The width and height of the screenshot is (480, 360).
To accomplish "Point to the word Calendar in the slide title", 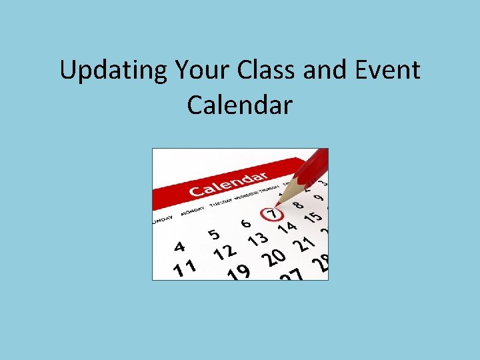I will point(239,105).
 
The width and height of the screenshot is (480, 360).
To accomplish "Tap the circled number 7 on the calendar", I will point(271,214).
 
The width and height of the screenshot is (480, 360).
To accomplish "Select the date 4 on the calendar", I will point(179,246).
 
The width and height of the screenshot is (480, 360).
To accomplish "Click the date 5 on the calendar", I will point(213,234).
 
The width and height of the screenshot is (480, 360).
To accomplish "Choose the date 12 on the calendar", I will point(225,253).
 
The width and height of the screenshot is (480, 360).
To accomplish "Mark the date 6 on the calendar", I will point(246,223).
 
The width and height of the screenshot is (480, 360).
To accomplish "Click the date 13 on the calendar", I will point(257,238).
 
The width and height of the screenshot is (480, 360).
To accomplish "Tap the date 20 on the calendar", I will point(273,257).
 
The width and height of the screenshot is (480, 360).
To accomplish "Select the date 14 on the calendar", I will point(287,227).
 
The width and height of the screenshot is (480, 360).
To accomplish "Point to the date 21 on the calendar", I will point(304,244).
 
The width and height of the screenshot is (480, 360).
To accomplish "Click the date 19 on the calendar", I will point(239,272).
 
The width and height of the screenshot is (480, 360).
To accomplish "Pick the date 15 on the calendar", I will point(313,216).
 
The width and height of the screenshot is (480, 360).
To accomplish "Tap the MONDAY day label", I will point(193,210).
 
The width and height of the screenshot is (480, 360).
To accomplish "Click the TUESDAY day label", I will point(223,201).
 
